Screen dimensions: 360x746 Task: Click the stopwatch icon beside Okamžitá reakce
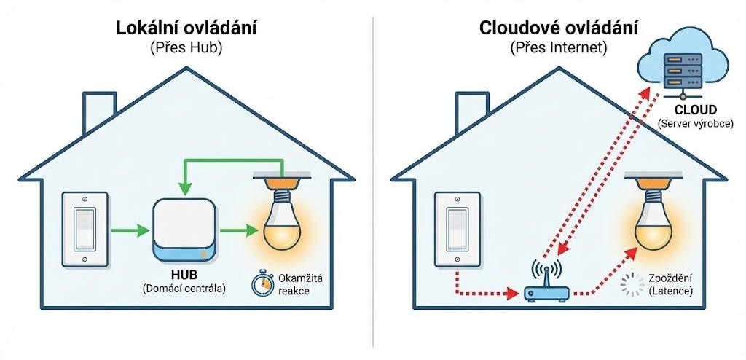pyautogui.click(x=262, y=283)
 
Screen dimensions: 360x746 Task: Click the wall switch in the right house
pyautogui.click(x=457, y=229)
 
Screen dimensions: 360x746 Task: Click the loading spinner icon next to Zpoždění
pyautogui.click(x=629, y=284)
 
